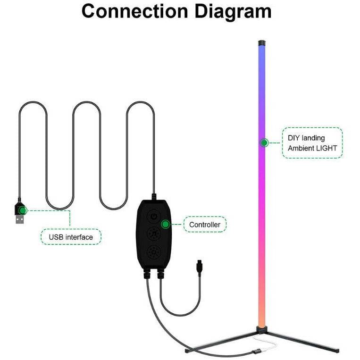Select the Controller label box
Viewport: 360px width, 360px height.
(x=205, y=225)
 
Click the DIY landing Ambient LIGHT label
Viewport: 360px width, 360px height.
(x=313, y=142)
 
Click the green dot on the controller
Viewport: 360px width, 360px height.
(x=166, y=225)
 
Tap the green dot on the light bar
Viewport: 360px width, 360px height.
(x=264, y=142)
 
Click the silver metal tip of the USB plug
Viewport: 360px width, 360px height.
(x=19, y=220)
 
